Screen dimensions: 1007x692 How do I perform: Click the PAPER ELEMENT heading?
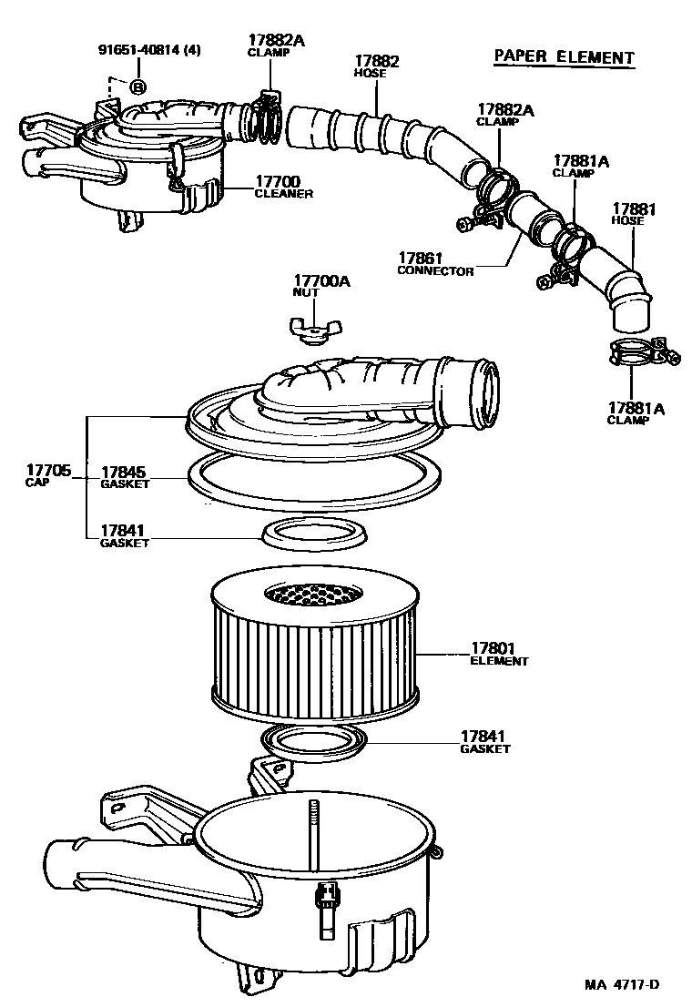pyautogui.click(x=563, y=57)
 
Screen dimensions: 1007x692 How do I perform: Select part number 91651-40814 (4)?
pyautogui.click(x=149, y=50)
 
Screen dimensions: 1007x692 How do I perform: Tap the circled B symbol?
pyautogui.click(x=137, y=87)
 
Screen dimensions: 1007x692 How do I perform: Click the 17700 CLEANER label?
pyautogui.click(x=283, y=188)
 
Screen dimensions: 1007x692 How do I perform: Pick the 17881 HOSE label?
pyautogui.click(x=634, y=214)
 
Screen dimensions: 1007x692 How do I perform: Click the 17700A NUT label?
pyautogui.click(x=321, y=287)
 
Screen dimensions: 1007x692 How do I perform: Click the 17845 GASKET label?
pyautogui.click(x=124, y=477)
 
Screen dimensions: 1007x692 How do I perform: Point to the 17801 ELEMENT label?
pyautogui.click(x=498, y=655)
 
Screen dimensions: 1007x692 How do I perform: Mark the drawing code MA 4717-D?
pyautogui.click(x=621, y=984)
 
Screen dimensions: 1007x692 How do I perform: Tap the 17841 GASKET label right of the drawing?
pyautogui.click(x=484, y=741)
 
